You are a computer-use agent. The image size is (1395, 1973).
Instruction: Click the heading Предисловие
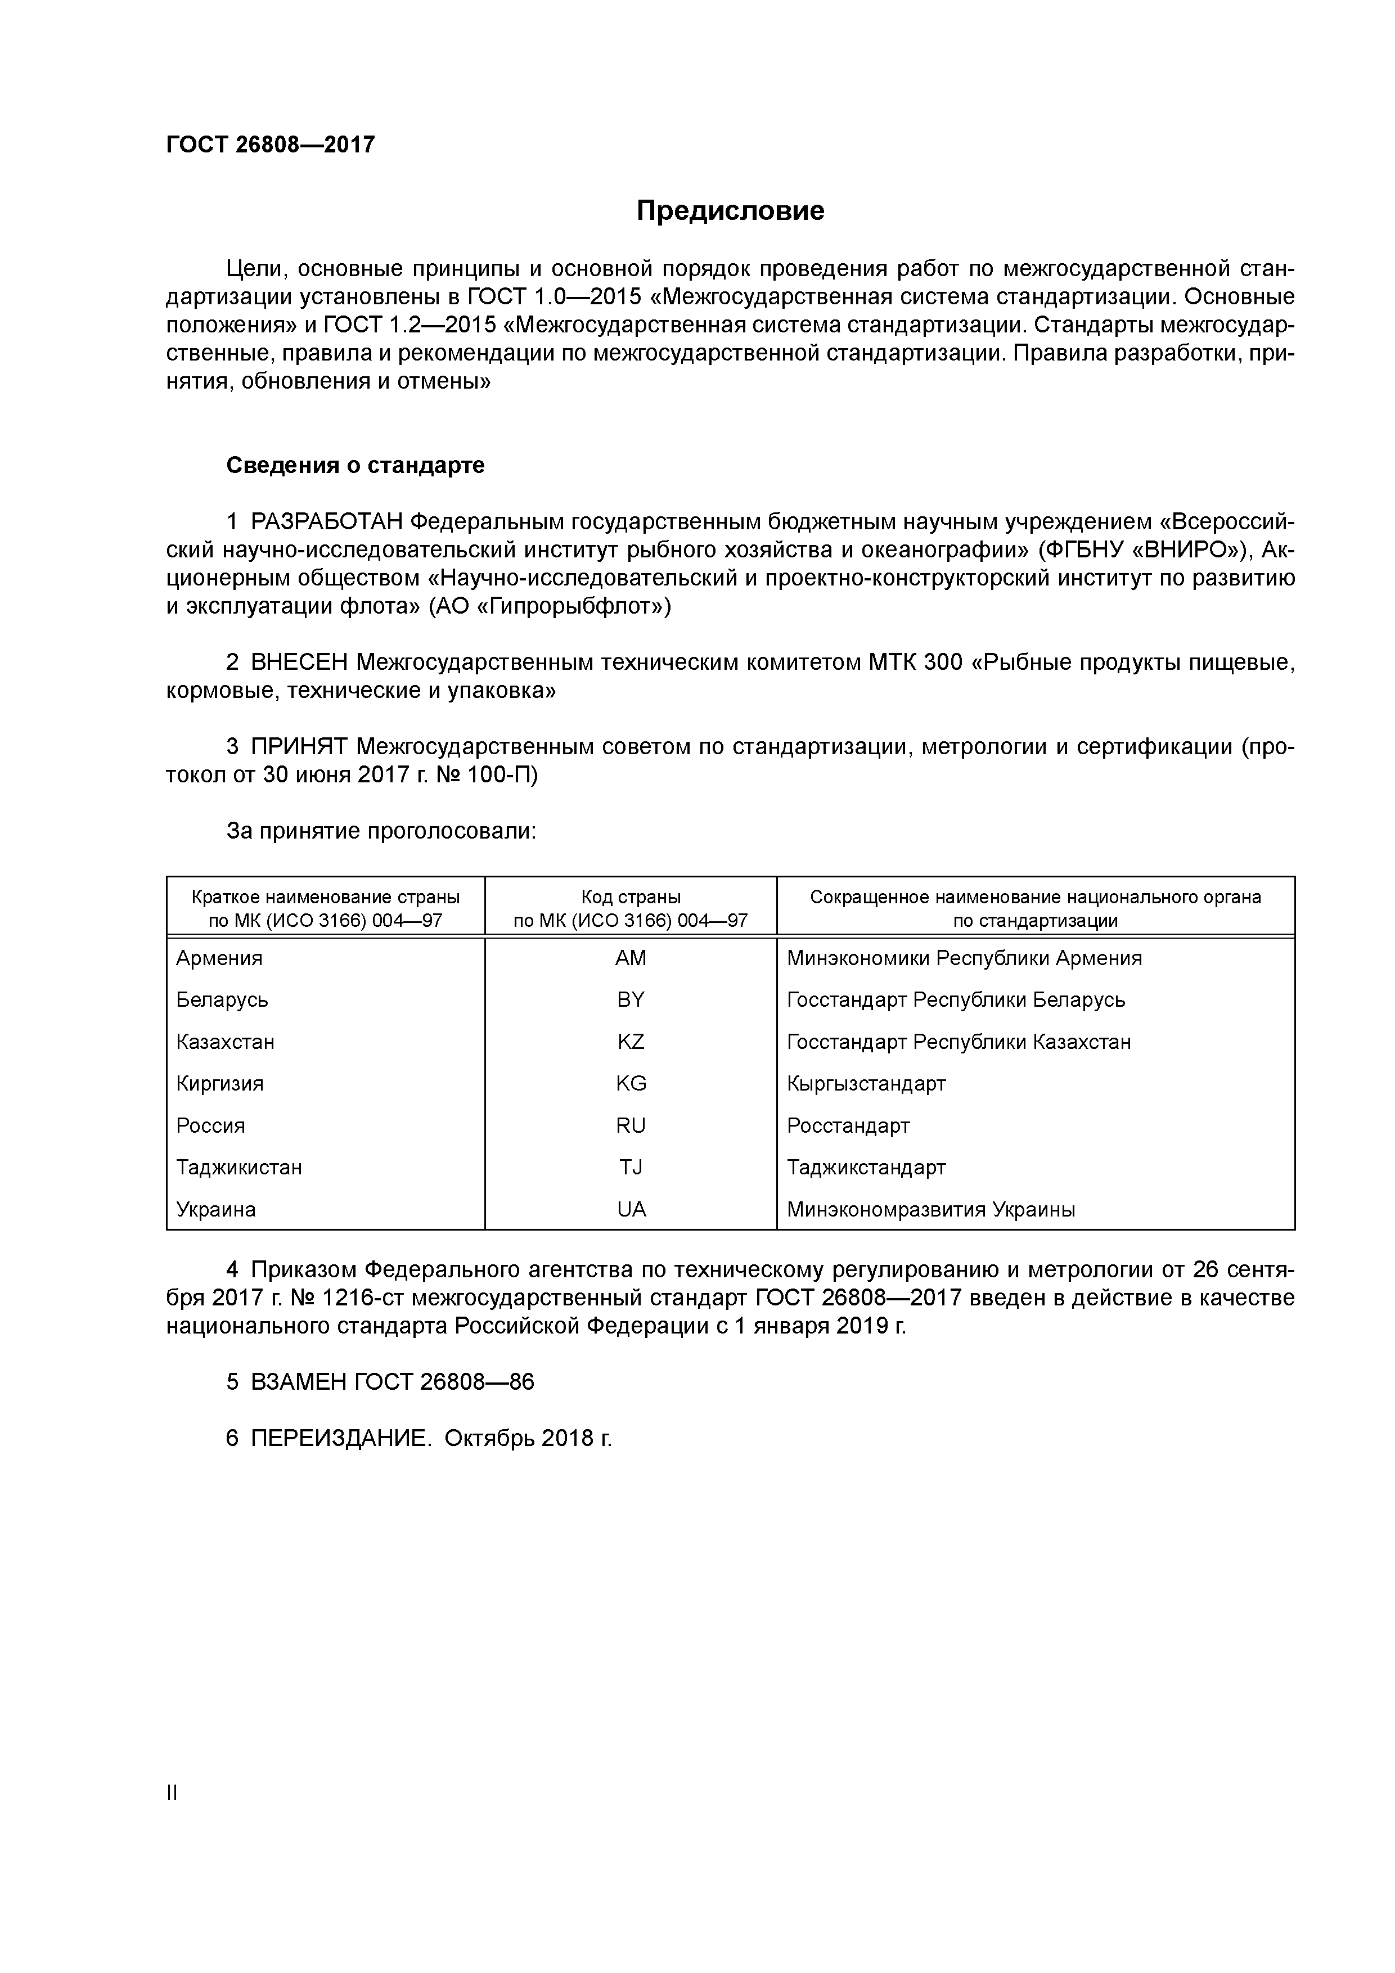[730, 210]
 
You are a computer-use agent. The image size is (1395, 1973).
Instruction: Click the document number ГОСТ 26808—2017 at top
[271, 145]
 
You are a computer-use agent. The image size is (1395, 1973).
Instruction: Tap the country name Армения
[219, 958]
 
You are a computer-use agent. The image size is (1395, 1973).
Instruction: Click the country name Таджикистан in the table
[239, 1167]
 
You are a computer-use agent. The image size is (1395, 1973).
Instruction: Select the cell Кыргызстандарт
[866, 1084]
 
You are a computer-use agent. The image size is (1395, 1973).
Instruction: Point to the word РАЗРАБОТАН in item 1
[327, 521]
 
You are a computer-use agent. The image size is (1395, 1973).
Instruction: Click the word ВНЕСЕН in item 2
[300, 663]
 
